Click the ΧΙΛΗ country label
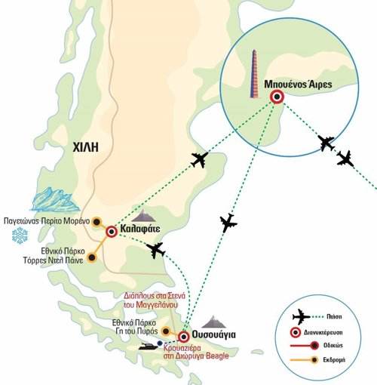[85, 147]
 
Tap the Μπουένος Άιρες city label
[298, 84]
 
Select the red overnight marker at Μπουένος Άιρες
[277, 97]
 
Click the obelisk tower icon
[254, 73]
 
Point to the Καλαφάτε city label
[140, 229]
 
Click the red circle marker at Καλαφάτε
[112, 232]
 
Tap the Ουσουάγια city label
[214, 334]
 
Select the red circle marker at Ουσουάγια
[184, 337]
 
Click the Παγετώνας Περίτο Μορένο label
[47, 221]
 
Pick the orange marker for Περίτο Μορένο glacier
[97, 222]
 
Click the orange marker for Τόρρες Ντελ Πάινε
[92, 257]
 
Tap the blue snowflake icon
[20, 236]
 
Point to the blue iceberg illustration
[56, 199]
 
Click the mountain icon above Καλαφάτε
[143, 215]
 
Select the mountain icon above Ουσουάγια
[214, 322]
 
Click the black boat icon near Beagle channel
[149, 346]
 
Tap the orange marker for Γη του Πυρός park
[166, 331]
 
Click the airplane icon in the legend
[301, 317]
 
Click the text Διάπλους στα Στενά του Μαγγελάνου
[155, 300]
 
